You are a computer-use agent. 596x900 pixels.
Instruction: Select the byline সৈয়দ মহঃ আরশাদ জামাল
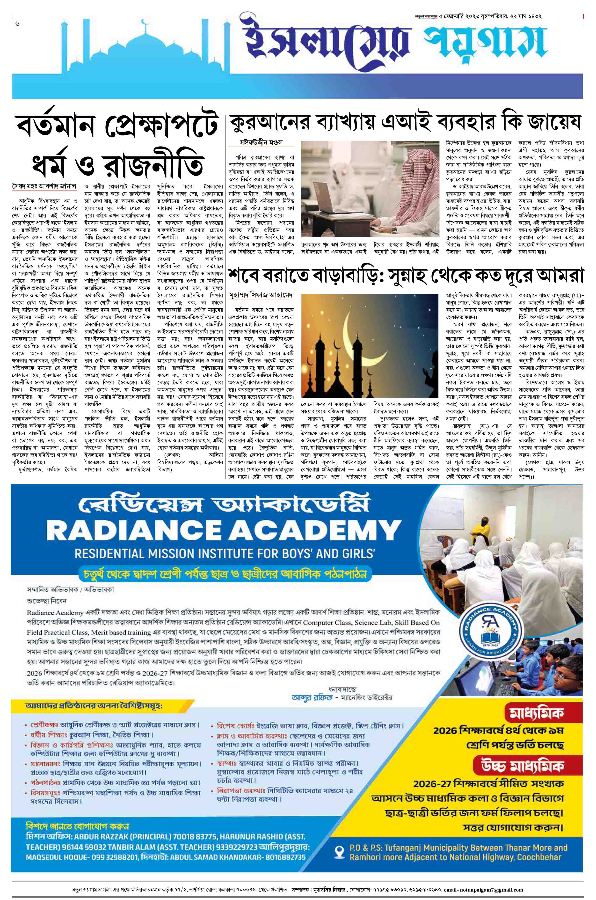point(44,187)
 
